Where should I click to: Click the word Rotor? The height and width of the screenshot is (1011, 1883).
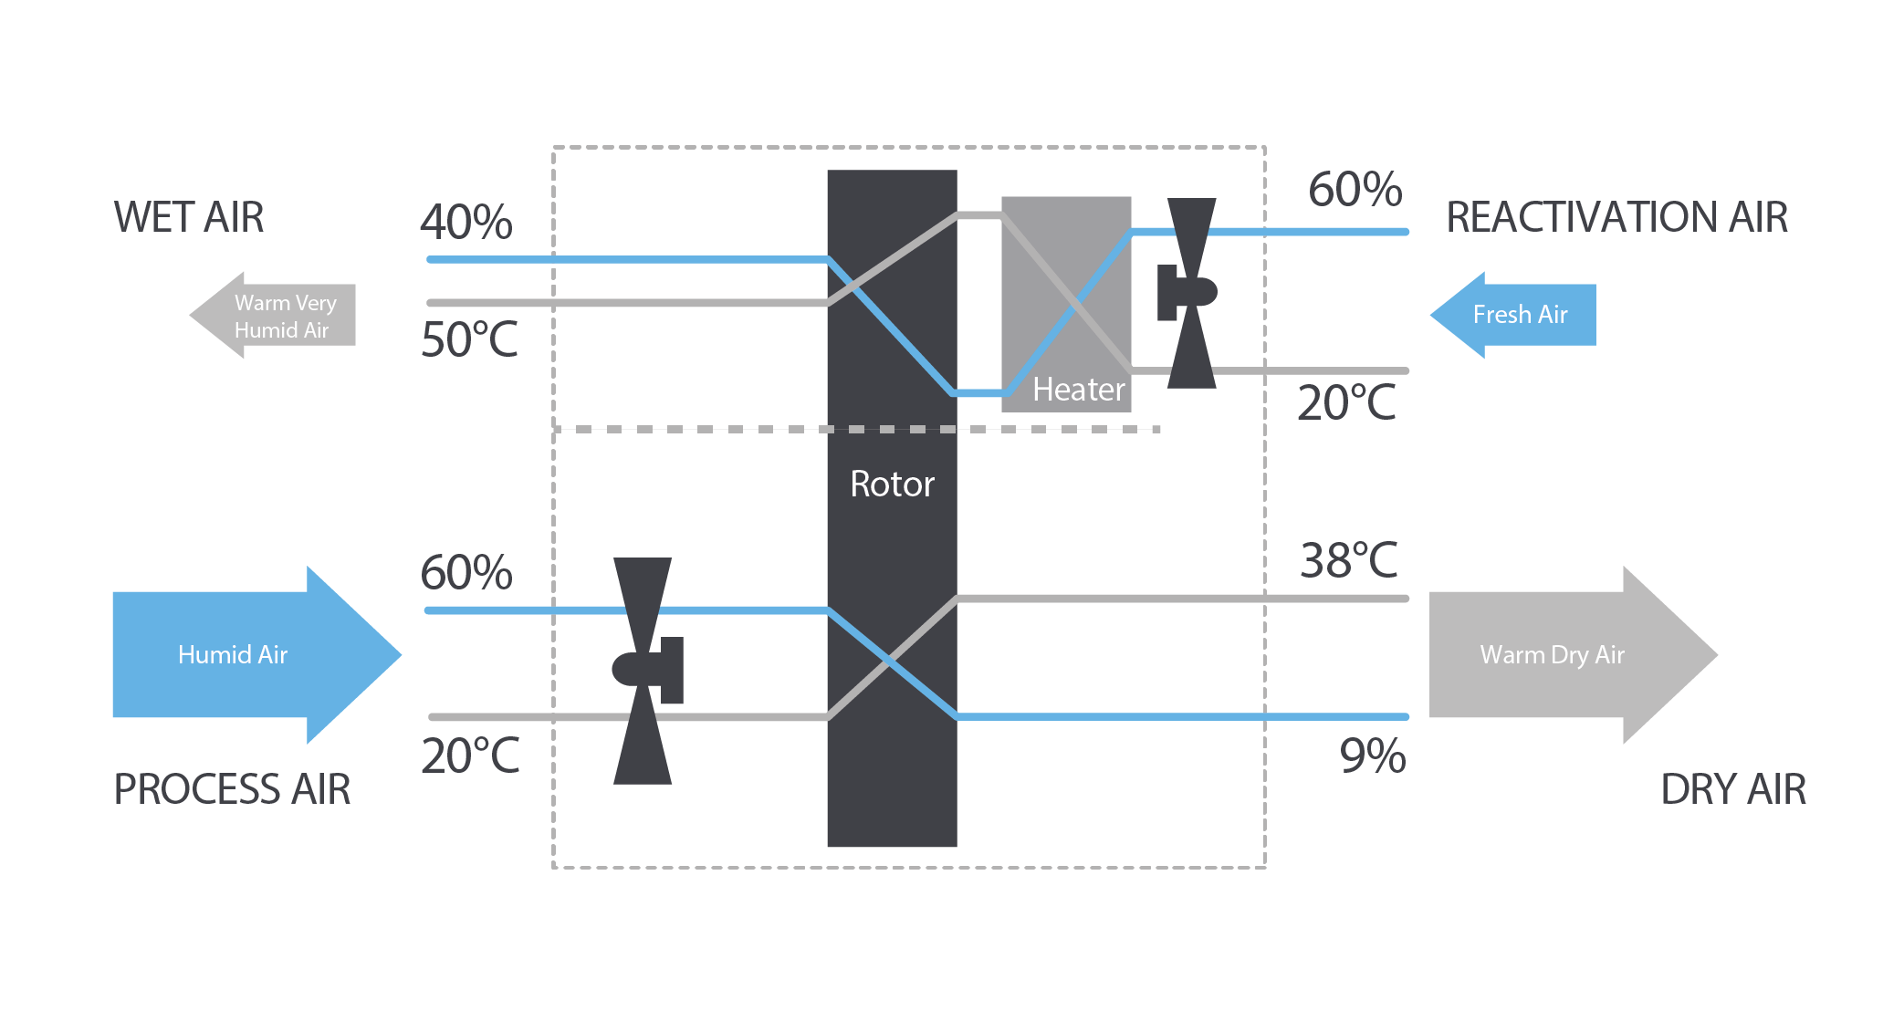[892, 484]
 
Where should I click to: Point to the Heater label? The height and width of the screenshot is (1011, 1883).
[1078, 390]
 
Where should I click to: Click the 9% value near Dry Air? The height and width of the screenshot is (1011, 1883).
[1372, 756]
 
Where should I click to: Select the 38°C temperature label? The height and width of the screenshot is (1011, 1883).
[1348, 560]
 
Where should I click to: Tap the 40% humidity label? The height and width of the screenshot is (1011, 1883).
[466, 222]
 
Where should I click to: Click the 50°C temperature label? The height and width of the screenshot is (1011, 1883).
[469, 339]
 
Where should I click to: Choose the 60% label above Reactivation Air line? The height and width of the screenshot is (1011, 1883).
[1355, 189]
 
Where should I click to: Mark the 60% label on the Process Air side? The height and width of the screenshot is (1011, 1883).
[466, 572]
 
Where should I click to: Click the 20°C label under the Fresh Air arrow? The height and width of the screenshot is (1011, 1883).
[1346, 402]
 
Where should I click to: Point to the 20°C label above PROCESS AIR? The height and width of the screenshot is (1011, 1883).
[470, 756]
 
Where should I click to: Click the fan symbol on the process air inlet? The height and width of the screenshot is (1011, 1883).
[644, 671]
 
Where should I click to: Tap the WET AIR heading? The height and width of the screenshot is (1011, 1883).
[188, 217]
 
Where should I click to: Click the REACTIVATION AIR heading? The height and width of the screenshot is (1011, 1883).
[1616, 217]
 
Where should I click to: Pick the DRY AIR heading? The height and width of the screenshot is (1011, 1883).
[1732, 789]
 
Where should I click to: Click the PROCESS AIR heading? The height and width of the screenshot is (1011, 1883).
[232, 789]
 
